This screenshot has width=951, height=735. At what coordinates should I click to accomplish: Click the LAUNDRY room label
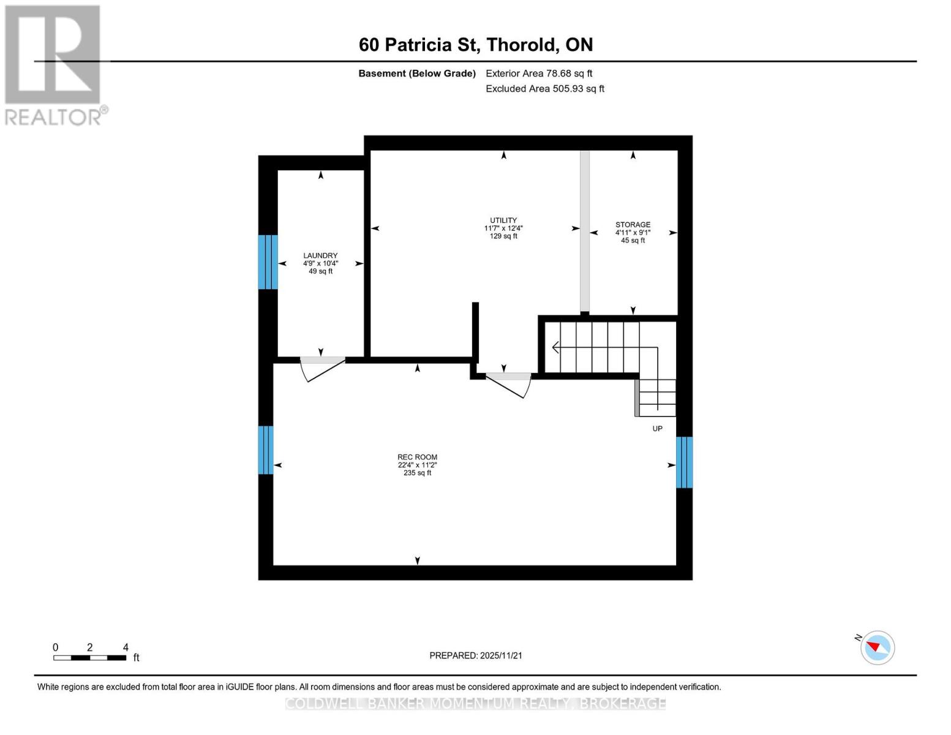tap(320, 255)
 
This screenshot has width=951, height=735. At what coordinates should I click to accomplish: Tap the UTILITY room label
tap(503, 221)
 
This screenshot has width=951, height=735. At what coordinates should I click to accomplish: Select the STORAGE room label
tap(633, 225)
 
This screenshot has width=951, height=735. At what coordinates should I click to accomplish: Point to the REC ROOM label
tap(417, 457)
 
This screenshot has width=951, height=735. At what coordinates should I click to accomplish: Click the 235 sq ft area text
tap(417, 473)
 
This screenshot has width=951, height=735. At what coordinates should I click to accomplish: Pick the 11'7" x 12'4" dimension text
tap(503, 228)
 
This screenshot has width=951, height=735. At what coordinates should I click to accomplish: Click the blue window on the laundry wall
tap(268, 262)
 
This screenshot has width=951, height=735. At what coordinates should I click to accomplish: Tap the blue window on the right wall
tap(684, 462)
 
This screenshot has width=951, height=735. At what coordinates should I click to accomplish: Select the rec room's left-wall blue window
tap(265, 450)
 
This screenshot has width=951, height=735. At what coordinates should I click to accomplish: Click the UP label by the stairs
tap(657, 429)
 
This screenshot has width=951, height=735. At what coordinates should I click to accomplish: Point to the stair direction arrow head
tap(555, 348)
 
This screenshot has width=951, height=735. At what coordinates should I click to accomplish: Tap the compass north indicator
tap(876, 647)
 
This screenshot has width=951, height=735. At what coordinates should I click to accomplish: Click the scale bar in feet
tap(90, 657)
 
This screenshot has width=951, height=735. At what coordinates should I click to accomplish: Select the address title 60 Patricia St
tap(475, 45)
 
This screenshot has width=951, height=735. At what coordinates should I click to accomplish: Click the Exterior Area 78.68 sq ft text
tap(539, 73)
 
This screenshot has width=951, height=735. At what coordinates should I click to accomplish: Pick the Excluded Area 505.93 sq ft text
tap(545, 89)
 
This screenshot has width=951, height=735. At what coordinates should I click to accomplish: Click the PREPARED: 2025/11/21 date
tap(476, 655)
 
